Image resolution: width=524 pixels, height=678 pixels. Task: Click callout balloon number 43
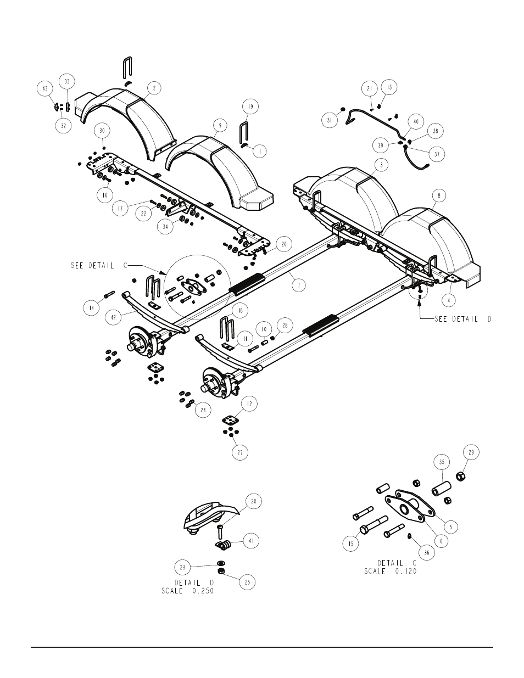pos(45,88)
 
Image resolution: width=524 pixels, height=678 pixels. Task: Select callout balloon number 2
pos(154,88)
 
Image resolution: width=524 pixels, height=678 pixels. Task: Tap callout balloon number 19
pos(250,107)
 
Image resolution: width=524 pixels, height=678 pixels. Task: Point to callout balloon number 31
pos(330,120)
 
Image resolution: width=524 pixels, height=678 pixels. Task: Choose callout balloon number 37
pos(437,154)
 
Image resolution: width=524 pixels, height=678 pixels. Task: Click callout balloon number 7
pos(299,285)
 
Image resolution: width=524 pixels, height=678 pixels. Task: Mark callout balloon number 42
pos(113,318)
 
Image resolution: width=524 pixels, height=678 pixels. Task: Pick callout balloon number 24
pos(203,410)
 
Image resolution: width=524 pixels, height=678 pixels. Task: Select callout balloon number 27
pos(240,452)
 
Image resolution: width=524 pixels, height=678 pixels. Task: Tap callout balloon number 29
pos(471,452)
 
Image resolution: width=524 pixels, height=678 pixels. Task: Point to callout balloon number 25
pos(248,582)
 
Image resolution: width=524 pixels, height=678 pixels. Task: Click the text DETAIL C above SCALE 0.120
pos(397,563)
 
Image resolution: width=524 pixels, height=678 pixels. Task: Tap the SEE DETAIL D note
pos(463,319)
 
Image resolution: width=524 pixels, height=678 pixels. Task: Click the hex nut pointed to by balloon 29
pos(459,477)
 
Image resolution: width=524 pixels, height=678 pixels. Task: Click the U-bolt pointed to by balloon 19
pos(244,133)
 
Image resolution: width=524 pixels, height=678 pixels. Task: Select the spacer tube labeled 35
pos(442,489)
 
